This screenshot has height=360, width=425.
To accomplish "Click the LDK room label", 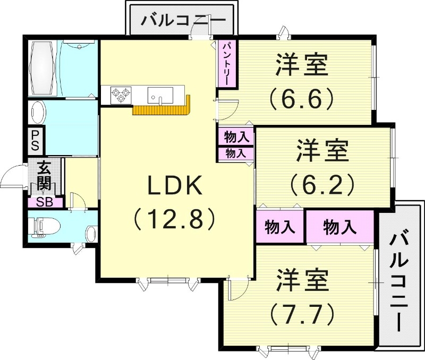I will pos(175,186).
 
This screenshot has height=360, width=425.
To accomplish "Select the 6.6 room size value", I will pos(301,97).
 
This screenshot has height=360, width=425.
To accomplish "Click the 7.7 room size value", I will pos(302,313).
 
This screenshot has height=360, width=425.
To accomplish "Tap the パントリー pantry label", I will pos(226,63).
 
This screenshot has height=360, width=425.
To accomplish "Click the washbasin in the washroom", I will pos(37,113).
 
